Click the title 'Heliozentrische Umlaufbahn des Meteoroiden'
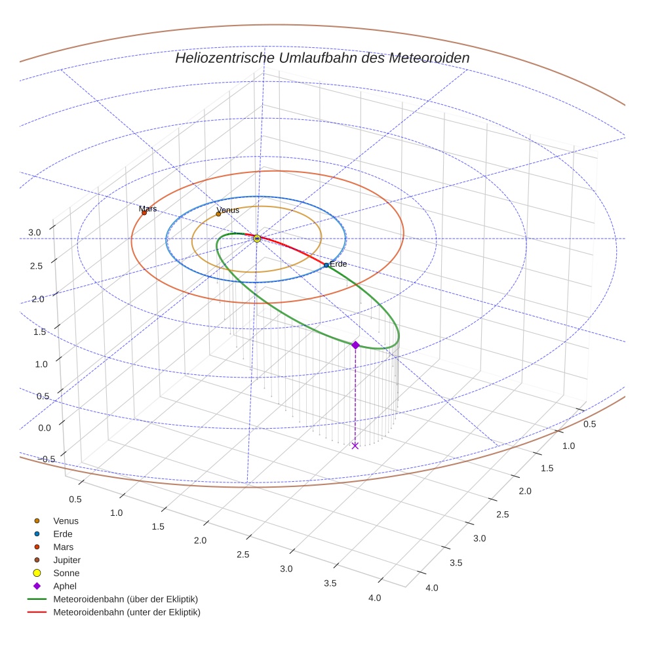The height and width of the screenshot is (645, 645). tap(322, 58)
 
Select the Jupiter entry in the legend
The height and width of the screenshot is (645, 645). tap(66, 560)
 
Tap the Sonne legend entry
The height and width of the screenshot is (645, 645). tap(66, 573)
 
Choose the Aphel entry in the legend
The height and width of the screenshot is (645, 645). tap(64, 586)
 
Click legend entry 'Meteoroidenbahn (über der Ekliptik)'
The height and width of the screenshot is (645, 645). tap(125, 599)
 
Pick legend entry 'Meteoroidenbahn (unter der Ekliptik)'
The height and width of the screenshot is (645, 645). tap(126, 612)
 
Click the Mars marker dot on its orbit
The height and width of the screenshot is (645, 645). tap(144, 212)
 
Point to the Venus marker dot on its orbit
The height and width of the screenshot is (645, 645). tap(218, 214)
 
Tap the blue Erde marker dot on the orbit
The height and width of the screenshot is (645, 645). tap(326, 265)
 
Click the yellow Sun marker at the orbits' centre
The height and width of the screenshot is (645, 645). tap(257, 239)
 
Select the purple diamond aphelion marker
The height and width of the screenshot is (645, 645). tap(355, 345)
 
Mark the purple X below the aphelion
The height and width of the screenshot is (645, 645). tap(355, 446)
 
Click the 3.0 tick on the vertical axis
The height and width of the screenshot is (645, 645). tap(34, 232)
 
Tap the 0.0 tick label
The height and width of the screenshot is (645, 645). tap(43, 427)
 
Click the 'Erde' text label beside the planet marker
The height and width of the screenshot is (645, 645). tap(338, 264)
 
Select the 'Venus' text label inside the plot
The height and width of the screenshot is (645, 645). tap(228, 210)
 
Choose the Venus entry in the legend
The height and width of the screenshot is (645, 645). tap(66, 520)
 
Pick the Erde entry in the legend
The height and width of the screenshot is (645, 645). tap(63, 534)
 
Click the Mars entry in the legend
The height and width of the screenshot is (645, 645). tap(63, 547)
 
